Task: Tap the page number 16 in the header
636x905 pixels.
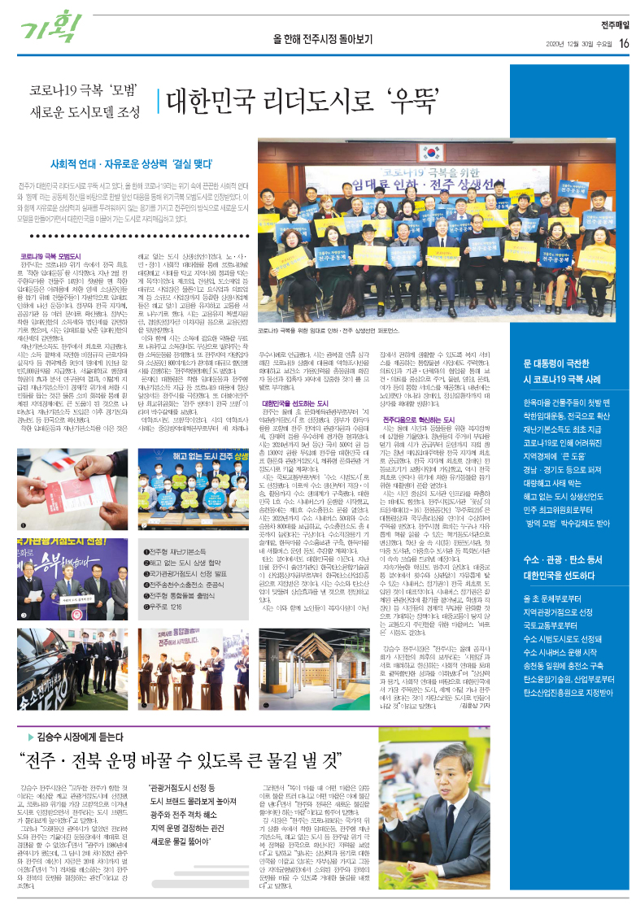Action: [623, 43]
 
